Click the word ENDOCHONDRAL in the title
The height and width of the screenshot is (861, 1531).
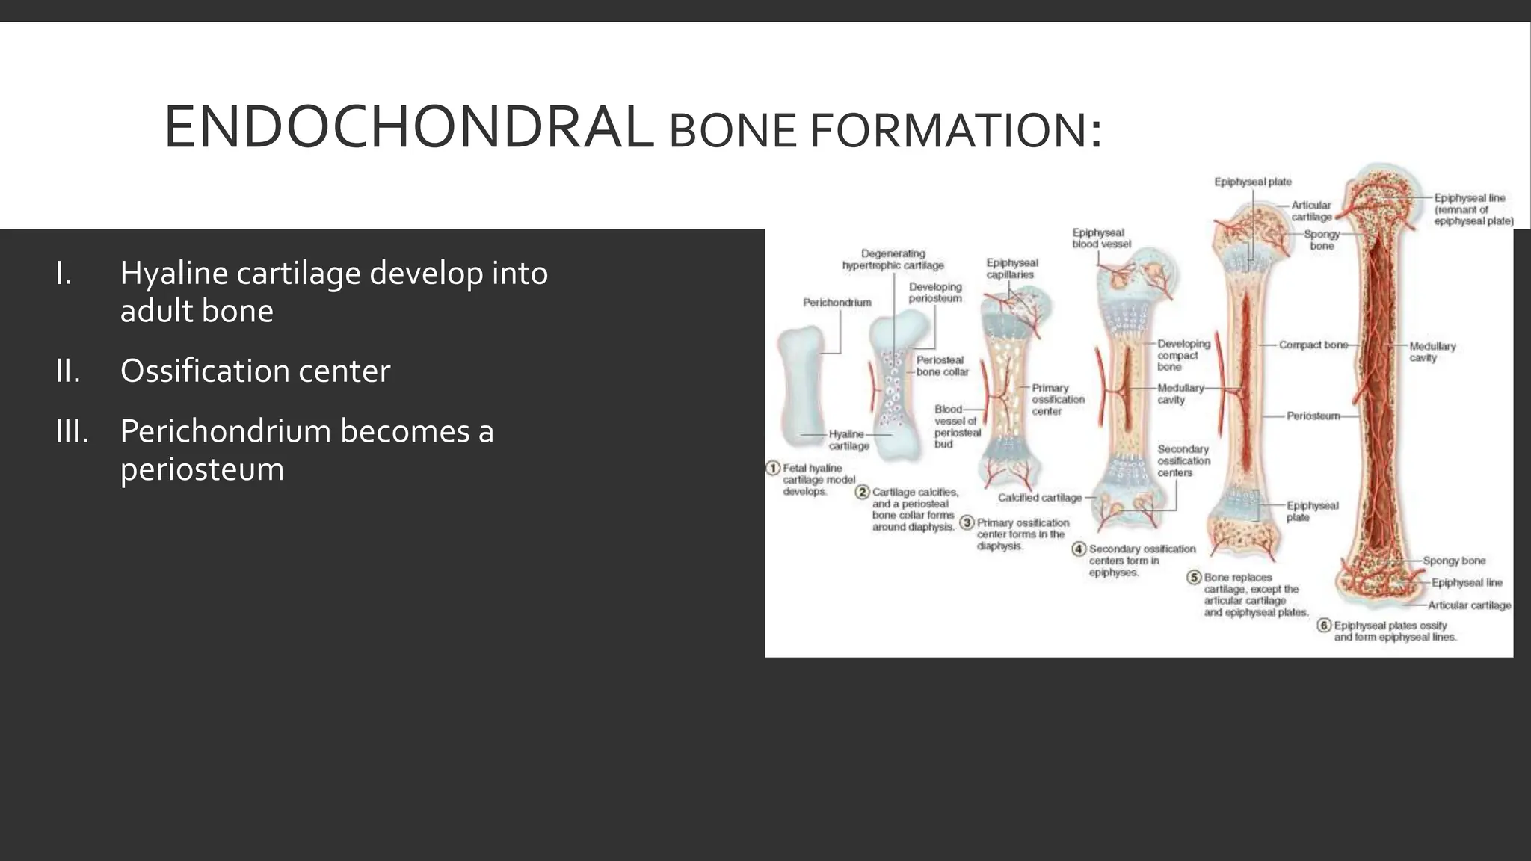coord(407,128)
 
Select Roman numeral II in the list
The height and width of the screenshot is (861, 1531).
coord(67,371)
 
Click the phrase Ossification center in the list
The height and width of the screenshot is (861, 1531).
coord(255,371)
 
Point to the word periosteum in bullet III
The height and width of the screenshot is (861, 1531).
coord(202,470)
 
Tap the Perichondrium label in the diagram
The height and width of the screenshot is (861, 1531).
coord(837,303)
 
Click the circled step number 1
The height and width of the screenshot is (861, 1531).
coord(773,469)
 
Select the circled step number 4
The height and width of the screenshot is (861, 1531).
coord(1079,549)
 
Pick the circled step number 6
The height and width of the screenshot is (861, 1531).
coord(1323,626)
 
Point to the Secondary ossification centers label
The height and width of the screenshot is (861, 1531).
coord(1183,460)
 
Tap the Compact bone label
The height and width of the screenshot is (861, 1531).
coord(1313,345)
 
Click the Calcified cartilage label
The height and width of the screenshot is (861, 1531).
coord(1039,498)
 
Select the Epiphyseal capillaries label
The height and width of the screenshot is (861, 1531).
coord(1011,268)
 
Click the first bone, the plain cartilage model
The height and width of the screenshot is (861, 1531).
coord(800,386)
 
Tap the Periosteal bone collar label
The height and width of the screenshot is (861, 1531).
coord(942,365)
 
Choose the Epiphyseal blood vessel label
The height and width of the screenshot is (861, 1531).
coord(1100,238)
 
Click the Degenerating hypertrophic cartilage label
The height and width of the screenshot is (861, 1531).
coord(893,259)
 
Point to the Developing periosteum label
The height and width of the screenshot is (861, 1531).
coord(935,292)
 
